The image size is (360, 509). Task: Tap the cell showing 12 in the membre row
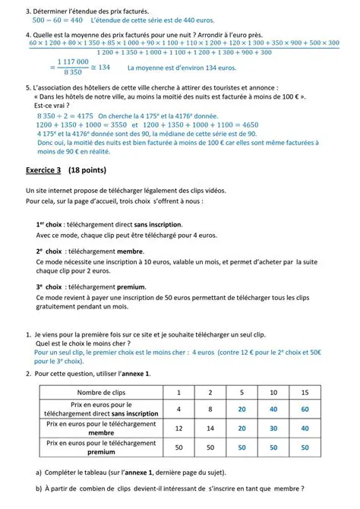(178, 428)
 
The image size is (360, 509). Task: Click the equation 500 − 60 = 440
(55, 21)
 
